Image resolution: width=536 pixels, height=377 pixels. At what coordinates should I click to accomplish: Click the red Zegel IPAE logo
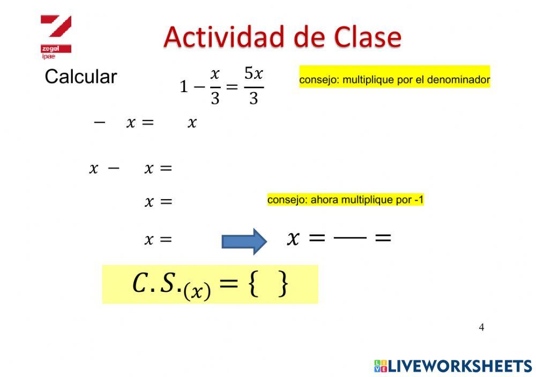pyautogui.click(x=56, y=35)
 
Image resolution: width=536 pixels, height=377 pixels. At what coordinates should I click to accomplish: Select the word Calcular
pyautogui.click(x=80, y=77)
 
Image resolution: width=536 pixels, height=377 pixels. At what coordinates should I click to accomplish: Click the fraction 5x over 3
pyautogui.click(x=254, y=86)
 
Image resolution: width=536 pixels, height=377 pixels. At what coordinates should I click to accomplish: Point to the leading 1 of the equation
pyautogui.click(x=184, y=86)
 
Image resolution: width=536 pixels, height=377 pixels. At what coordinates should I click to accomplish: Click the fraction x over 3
pyautogui.click(x=215, y=86)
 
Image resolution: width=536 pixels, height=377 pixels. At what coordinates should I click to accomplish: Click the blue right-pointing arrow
pyautogui.click(x=244, y=241)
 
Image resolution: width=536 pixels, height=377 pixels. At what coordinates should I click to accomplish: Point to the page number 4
pyautogui.click(x=481, y=327)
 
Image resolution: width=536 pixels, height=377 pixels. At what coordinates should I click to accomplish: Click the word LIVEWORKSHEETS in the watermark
pyautogui.click(x=459, y=366)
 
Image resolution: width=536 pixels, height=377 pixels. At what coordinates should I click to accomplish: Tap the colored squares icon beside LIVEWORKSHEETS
pyautogui.click(x=381, y=366)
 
